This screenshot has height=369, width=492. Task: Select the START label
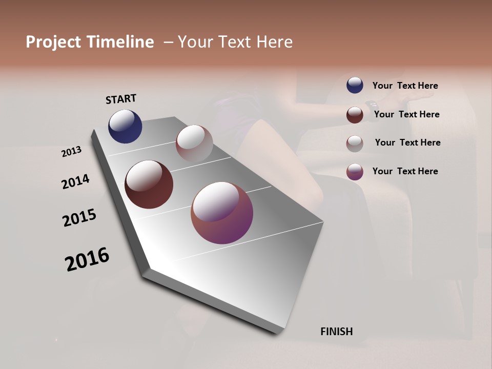tap(121, 98)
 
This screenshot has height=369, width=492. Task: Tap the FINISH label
tap(336, 332)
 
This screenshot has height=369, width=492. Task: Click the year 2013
tap(71, 152)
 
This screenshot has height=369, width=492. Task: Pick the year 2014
tap(75, 181)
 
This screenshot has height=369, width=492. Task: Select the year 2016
tap(87, 259)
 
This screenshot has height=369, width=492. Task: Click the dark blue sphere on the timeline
tap(125, 126)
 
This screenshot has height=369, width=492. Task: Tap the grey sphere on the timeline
tap(194, 143)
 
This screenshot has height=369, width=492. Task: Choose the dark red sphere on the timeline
tap(149, 184)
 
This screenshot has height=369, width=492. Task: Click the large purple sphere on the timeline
tap(222, 213)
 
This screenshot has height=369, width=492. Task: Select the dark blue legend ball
tap(355, 85)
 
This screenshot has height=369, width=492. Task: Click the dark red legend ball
tap(355, 115)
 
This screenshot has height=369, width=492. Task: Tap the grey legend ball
tap(355, 143)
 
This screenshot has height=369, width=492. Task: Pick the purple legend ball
tap(355, 172)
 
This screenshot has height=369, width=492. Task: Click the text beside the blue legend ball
tap(405, 86)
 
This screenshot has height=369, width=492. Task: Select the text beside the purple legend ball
tap(405, 171)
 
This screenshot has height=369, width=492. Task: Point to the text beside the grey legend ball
tap(407, 142)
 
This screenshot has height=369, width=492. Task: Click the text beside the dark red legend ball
tap(406, 114)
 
